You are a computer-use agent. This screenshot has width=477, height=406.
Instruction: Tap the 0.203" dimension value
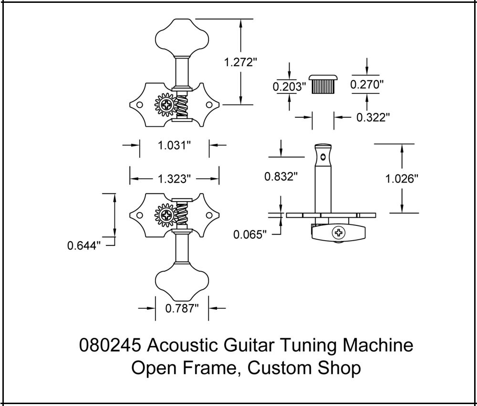(x=289, y=87)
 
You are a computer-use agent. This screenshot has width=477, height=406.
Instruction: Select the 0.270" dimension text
(x=367, y=85)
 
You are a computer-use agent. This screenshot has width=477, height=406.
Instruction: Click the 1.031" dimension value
(x=175, y=146)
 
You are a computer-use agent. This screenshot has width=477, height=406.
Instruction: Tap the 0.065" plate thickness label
(x=249, y=234)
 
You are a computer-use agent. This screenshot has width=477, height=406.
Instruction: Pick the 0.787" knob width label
(x=182, y=308)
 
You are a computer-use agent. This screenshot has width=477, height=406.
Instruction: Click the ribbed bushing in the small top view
(x=323, y=86)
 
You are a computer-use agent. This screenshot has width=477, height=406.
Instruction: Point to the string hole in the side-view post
(x=324, y=156)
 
